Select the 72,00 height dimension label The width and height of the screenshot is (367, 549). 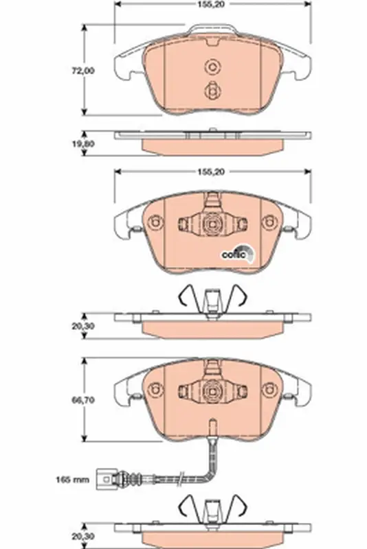click(83, 71)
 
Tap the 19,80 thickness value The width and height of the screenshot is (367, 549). click(83, 143)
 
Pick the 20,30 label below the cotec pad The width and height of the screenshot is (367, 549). click(83, 327)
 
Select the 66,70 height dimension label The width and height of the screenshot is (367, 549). click(83, 400)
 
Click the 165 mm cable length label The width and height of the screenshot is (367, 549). click(73, 479)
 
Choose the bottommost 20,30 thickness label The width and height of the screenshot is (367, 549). click(83, 536)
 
